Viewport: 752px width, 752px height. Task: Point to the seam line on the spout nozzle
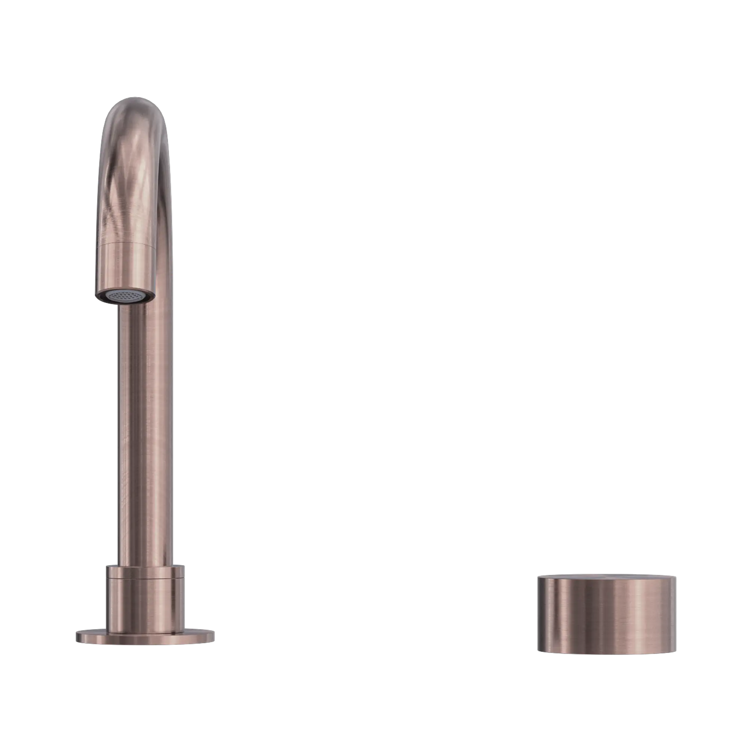[125, 244]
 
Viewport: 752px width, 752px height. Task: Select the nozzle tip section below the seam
[125, 268]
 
